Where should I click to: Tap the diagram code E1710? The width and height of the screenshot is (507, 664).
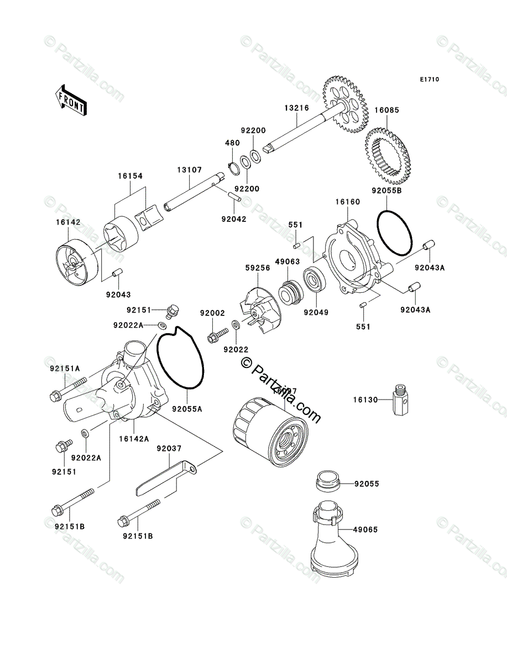(428, 80)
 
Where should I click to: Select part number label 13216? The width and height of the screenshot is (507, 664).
(297, 108)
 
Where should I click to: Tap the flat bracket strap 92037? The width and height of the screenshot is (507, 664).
(166, 478)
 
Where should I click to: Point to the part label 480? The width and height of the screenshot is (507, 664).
(232, 143)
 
